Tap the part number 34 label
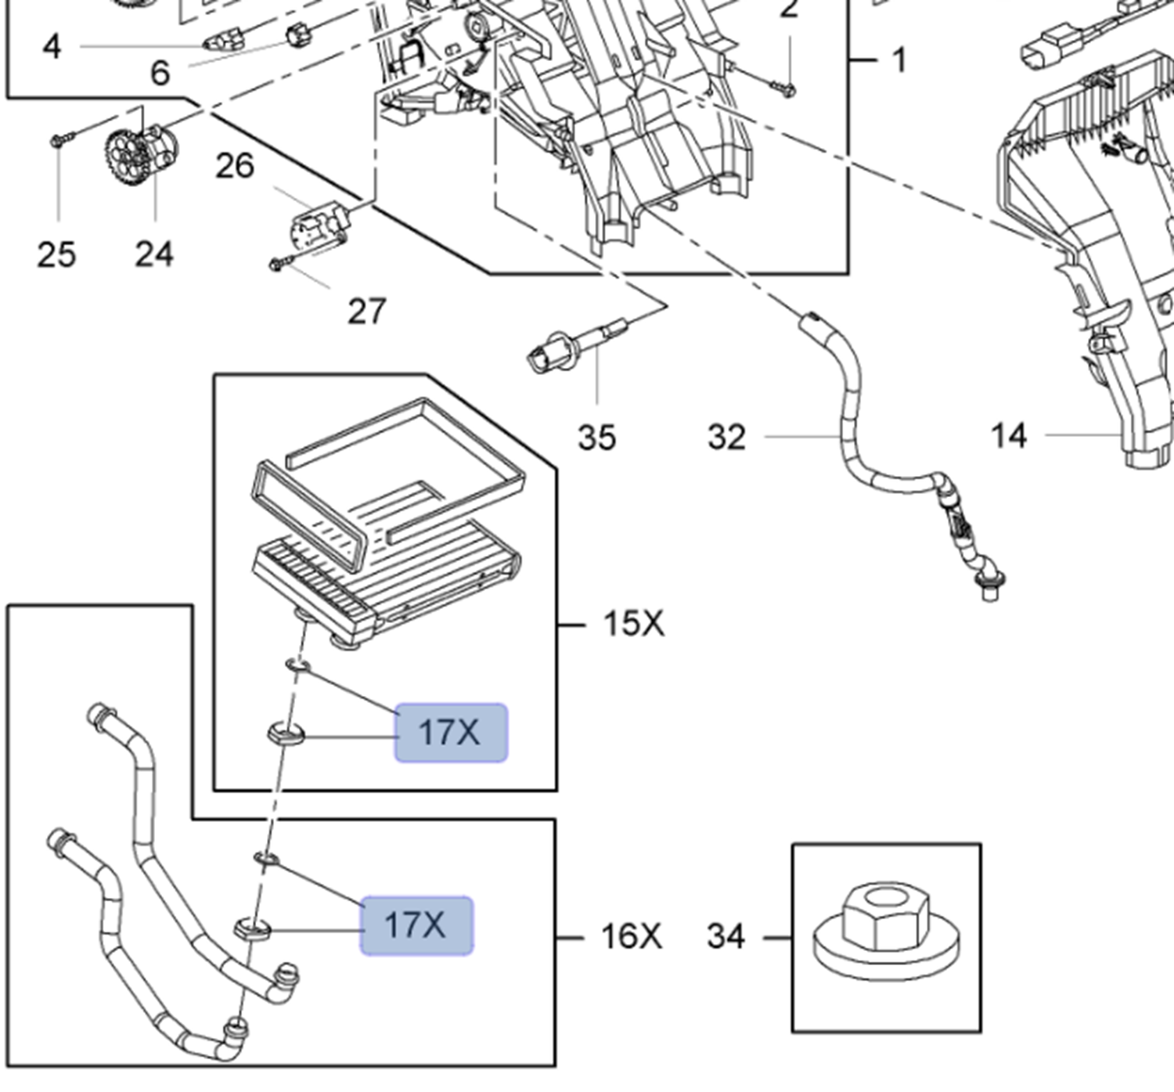[x=726, y=936]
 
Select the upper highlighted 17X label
[x=451, y=733]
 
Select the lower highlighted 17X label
[x=416, y=925]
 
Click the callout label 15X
[x=633, y=624]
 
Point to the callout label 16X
[x=631, y=936]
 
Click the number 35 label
[x=596, y=438]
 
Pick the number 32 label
[x=726, y=438]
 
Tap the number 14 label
[x=1008, y=436]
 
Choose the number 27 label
[x=366, y=312]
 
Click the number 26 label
[x=235, y=166]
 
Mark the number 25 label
[x=56, y=254]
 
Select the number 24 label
[x=154, y=254]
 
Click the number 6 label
[x=160, y=74]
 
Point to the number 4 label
[x=52, y=47]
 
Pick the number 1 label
[x=899, y=60]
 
